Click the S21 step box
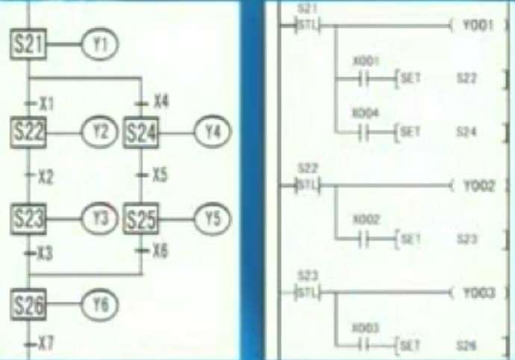[28, 46]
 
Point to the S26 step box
[28, 304]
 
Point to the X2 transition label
[46, 177]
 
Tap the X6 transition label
[159, 250]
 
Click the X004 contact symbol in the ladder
[364, 132]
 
